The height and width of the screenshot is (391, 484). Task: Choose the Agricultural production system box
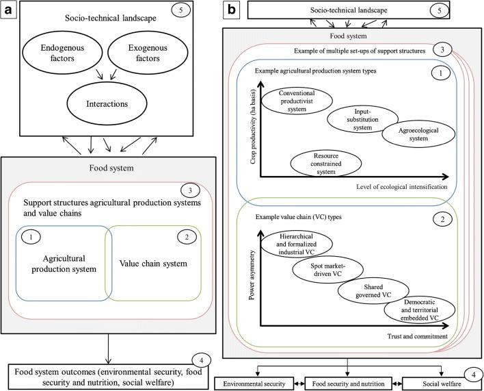pyautogui.click(x=64, y=263)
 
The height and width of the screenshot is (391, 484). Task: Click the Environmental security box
pyautogui.click(x=254, y=381)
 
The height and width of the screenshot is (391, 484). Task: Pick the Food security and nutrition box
pyautogui.click(x=348, y=381)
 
